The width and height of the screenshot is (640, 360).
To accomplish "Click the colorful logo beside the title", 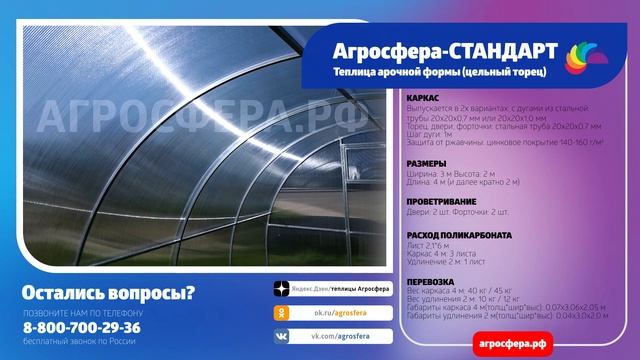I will pyautogui.click(x=583, y=57).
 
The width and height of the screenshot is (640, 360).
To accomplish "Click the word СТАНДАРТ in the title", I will pyautogui.click(x=495, y=50).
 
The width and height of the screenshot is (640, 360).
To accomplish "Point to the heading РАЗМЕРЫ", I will pyautogui.click(x=426, y=162).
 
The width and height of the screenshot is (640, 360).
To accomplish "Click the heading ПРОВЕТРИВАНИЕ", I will pyautogui.click(x=442, y=201).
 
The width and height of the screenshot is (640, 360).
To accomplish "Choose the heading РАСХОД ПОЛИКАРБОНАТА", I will pyautogui.click(x=461, y=235).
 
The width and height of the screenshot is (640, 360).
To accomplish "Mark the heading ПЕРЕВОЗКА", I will pyautogui.click(x=432, y=281).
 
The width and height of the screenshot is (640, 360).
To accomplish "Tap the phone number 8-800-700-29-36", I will pyautogui.click(x=82, y=327).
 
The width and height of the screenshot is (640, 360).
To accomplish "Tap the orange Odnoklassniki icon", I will pyautogui.click(x=283, y=313).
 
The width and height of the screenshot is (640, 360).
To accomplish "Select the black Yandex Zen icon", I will pyautogui.click(x=283, y=289).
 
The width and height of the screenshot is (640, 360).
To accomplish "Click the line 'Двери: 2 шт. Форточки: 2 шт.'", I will pyautogui.click(x=465, y=213).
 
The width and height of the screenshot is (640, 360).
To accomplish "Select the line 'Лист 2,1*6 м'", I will pyautogui.click(x=430, y=247).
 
